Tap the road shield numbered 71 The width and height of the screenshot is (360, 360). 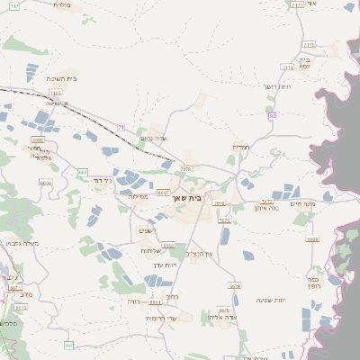tap(121, 128)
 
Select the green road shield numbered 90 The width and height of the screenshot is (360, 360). tap(272, 115)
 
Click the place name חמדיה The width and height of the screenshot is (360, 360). tap(241, 147)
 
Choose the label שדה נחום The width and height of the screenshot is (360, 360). tap(155, 138)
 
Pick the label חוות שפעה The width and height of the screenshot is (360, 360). tap(271, 300)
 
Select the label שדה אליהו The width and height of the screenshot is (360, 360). tap(220, 318)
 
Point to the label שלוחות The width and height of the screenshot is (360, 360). tap(150, 250)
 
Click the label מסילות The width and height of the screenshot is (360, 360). tap(138, 196)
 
